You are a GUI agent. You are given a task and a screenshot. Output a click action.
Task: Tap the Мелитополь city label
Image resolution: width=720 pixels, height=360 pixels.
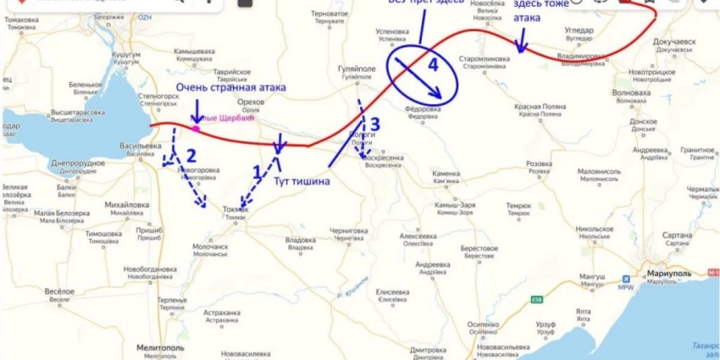160,348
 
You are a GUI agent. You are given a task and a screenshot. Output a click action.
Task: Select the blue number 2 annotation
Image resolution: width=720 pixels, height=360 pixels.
191,154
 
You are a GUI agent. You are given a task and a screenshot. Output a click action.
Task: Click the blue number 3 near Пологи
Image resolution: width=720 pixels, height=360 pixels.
375,125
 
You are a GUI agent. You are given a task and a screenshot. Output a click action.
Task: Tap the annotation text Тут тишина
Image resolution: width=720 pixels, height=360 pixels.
300,180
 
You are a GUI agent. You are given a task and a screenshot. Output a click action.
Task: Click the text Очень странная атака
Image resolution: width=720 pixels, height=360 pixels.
230,87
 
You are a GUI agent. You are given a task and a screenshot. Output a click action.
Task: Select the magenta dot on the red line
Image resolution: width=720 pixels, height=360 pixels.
196,129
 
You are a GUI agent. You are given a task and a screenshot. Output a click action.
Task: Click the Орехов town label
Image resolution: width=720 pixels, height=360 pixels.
252,101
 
